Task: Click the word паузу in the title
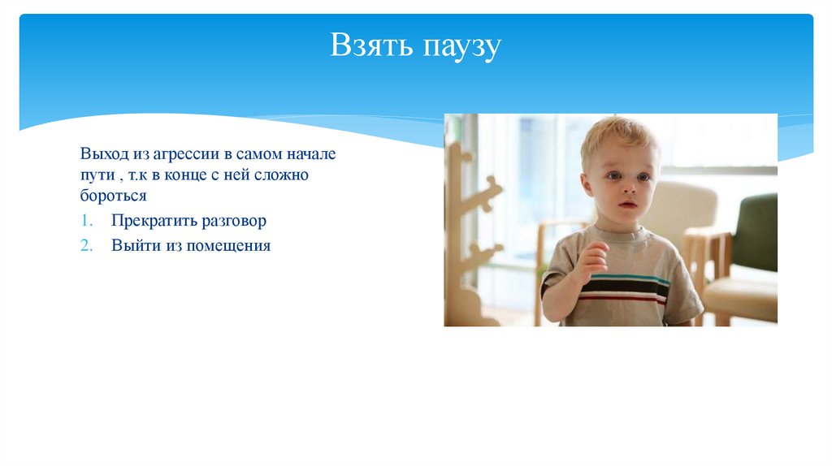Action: [461, 48]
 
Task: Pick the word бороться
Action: [113, 196]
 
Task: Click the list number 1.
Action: [87, 221]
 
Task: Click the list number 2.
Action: [87, 245]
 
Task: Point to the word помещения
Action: [228, 245]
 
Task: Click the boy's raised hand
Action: [592, 260]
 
